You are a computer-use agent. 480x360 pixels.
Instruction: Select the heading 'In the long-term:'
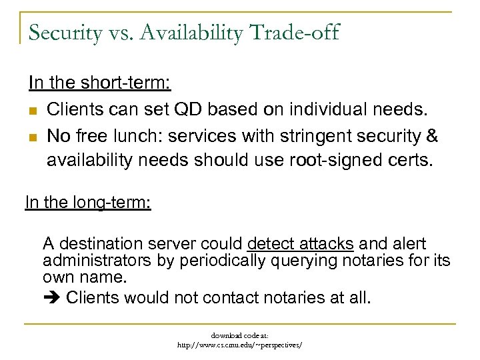(88, 201)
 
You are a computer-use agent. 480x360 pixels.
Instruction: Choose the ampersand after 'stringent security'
(431, 137)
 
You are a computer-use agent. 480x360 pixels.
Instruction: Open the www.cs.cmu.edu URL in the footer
(239, 345)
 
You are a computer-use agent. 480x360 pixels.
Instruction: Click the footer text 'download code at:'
(240, 335)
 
